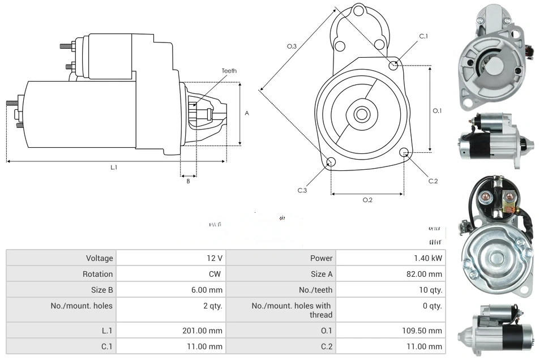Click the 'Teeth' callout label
(x=229, y=71)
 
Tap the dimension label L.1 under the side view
(x=114, y=167)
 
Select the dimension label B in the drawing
(x=188, y=181)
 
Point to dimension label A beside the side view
(x=247, y=113)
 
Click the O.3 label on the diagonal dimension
(x=292, y=46)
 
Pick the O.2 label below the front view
(x=367, y=200)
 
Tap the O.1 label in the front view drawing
(x=437, y=111)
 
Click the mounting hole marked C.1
(x=393, y=66)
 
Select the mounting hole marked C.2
(x=404, y=153)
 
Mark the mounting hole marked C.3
(x=331, y=163)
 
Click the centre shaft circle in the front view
(x=361, y=114)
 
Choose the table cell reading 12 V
(x=215, y=258)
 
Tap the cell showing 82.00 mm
(x=427, y=274)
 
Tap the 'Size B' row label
(x=101, y=290)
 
